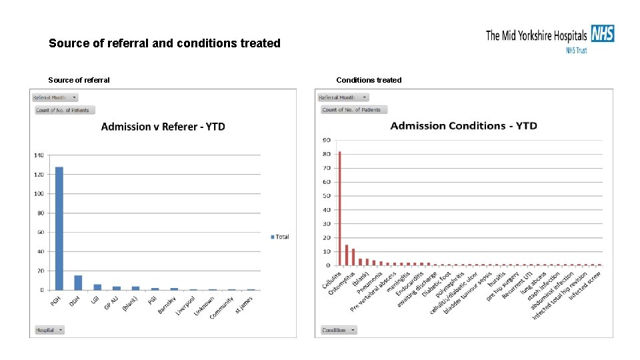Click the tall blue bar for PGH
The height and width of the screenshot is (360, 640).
[59, 228]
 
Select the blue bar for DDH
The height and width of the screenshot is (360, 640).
[78, 283]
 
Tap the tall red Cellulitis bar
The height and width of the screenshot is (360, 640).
[339, 208]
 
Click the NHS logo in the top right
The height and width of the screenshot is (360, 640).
[602, 33]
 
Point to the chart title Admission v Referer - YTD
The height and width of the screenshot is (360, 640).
[163, 127]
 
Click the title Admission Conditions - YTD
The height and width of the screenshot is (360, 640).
[463, 126]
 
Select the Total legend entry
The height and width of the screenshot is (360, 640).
[280, 237]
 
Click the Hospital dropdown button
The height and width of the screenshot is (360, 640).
[49, 330]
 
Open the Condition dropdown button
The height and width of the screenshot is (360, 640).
[339, 330]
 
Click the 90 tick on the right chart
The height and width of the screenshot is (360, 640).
[326, 140]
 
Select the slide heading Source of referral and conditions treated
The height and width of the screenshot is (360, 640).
[165, 43]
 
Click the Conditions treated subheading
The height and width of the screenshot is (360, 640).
[369, 80]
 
